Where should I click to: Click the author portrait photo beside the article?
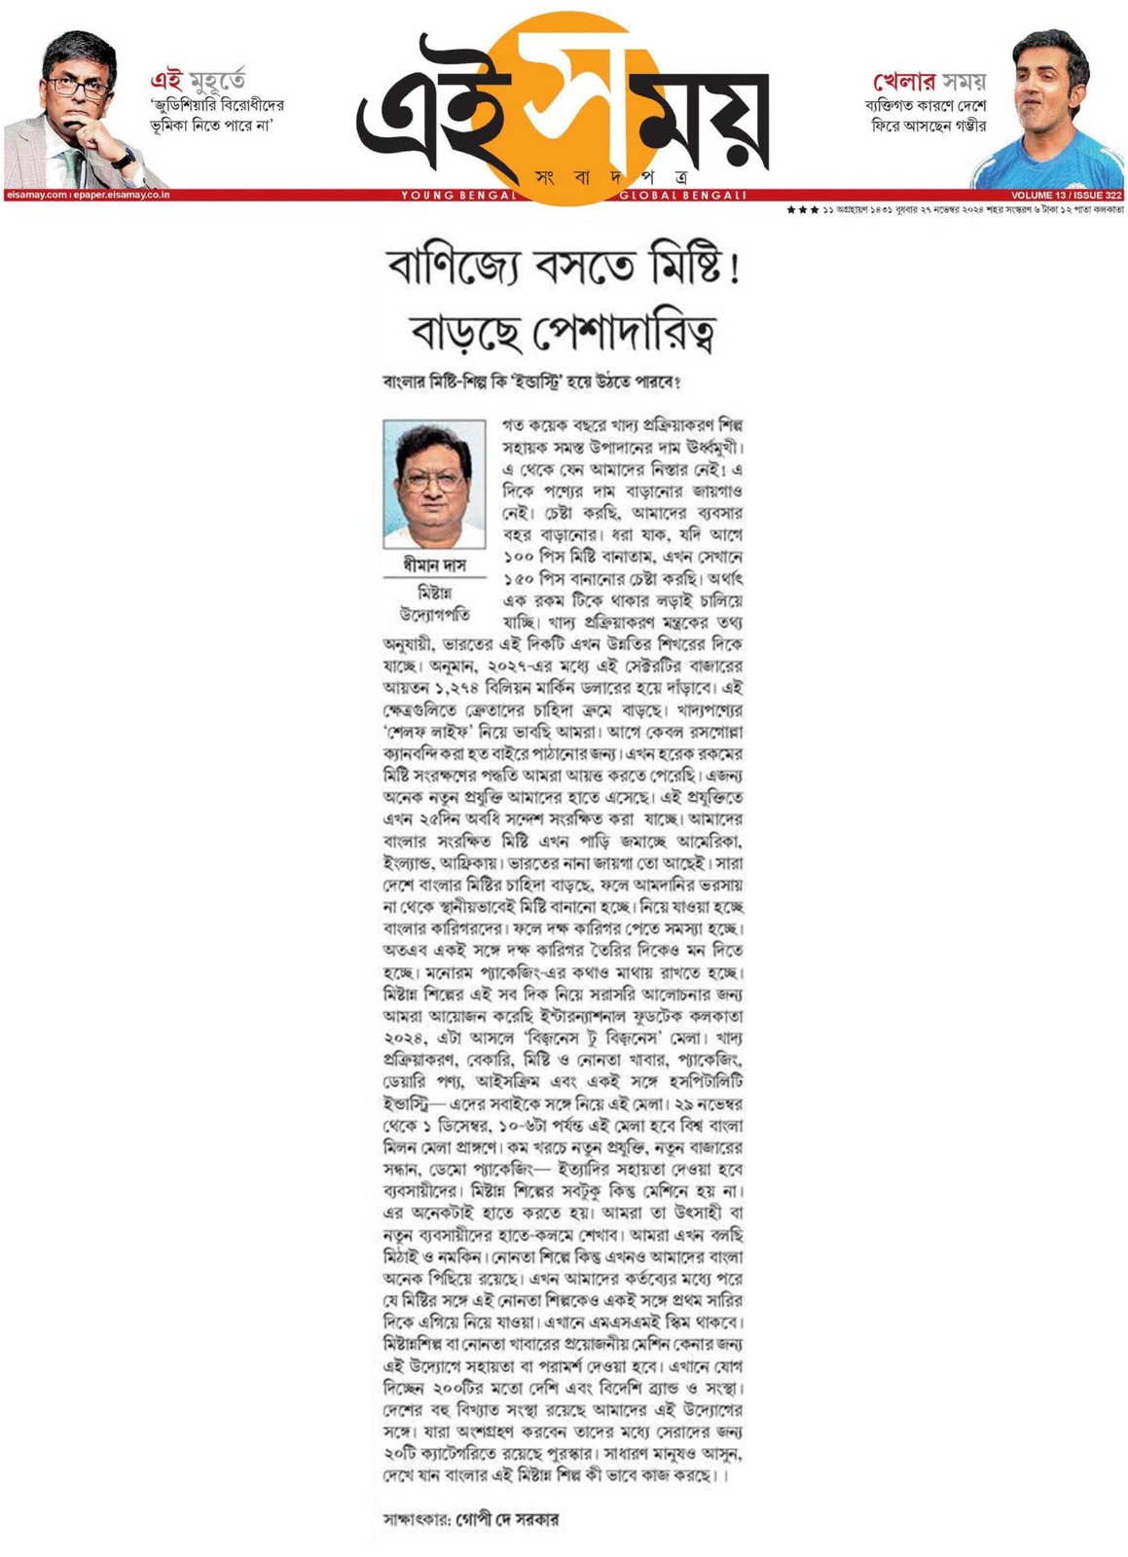[x=434, y=484]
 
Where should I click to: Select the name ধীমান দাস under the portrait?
[x=434, y=565]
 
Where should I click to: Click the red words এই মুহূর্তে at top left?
[x=198, y=80]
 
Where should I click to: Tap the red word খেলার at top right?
[x=904, y=81]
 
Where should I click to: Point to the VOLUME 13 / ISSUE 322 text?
[x=1066, y=196]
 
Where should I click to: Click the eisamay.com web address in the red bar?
[x=37, y=196]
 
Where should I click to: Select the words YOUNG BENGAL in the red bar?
[x=458, y=196]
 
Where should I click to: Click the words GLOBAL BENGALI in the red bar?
[x=682, y=196]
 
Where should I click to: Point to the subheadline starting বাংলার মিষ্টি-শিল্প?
[x=531, y=382]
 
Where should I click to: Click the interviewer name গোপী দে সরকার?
[x=507, y=1519]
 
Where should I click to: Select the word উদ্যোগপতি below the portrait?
[x=434, y=615]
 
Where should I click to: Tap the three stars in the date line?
[x=802, y=210]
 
